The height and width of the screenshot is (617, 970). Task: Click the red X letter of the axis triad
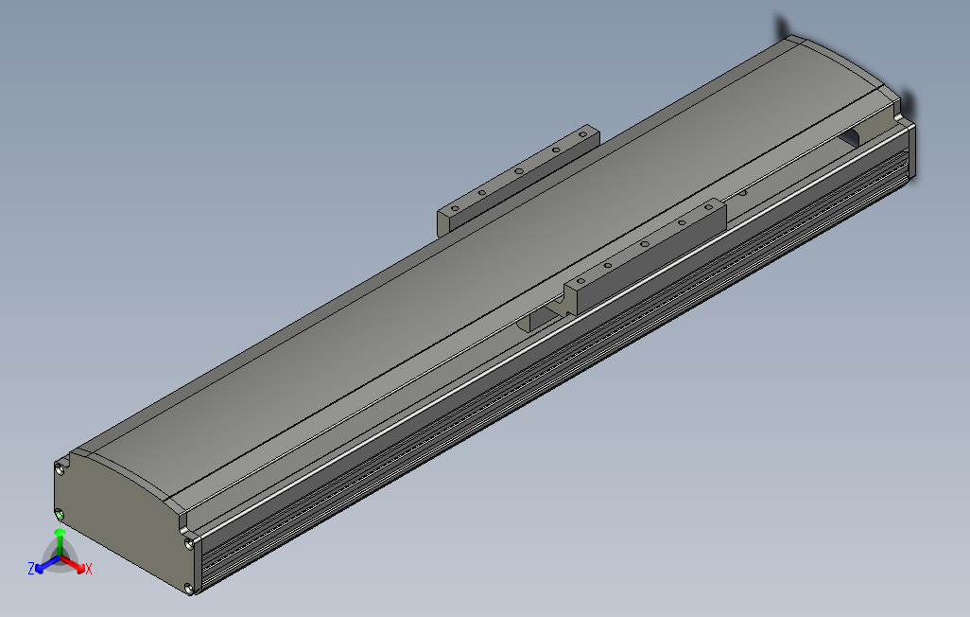tap(89, 569)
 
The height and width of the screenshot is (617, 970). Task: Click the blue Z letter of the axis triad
tap(31, 568)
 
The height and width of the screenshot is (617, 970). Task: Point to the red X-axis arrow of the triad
tap(76, 565)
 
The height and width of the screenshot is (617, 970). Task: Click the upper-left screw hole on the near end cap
tap(61, 466)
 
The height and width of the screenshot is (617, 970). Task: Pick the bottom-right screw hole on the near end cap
tap(191, 589)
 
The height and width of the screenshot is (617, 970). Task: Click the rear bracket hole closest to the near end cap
tap(455, 205)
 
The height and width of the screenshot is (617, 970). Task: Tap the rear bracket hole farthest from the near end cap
tap(582, 138)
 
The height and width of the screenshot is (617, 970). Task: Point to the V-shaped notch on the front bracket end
tap(565, 299)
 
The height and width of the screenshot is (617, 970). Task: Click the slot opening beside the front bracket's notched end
tap(538, 317)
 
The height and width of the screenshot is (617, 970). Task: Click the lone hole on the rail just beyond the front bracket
tap(742, 193)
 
